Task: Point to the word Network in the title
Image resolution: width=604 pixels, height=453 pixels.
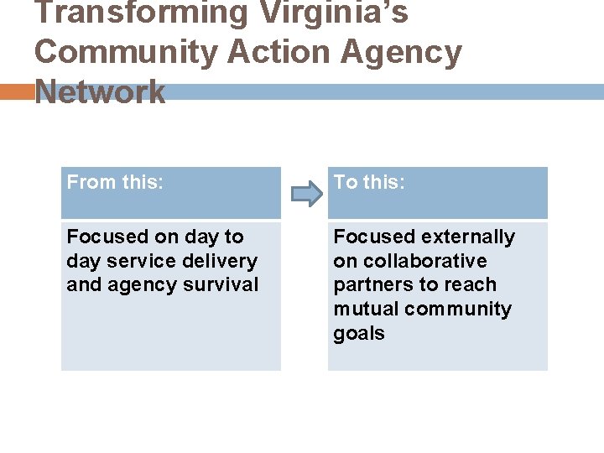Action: (x=101, y=91)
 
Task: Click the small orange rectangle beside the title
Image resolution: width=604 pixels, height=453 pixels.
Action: (x=16, y=91)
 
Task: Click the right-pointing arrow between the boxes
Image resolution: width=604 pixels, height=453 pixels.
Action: (x=306, y=195)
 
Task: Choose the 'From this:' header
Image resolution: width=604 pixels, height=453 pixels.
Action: (x=115, y=182)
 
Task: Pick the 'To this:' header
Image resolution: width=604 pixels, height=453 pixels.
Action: (x=369, y=182)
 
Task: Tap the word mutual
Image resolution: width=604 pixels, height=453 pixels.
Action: (x=366, y=310)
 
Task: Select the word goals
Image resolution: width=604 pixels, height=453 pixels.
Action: (x=358, y=334)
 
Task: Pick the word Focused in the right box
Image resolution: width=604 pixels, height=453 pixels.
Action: (x=373, y=237)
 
